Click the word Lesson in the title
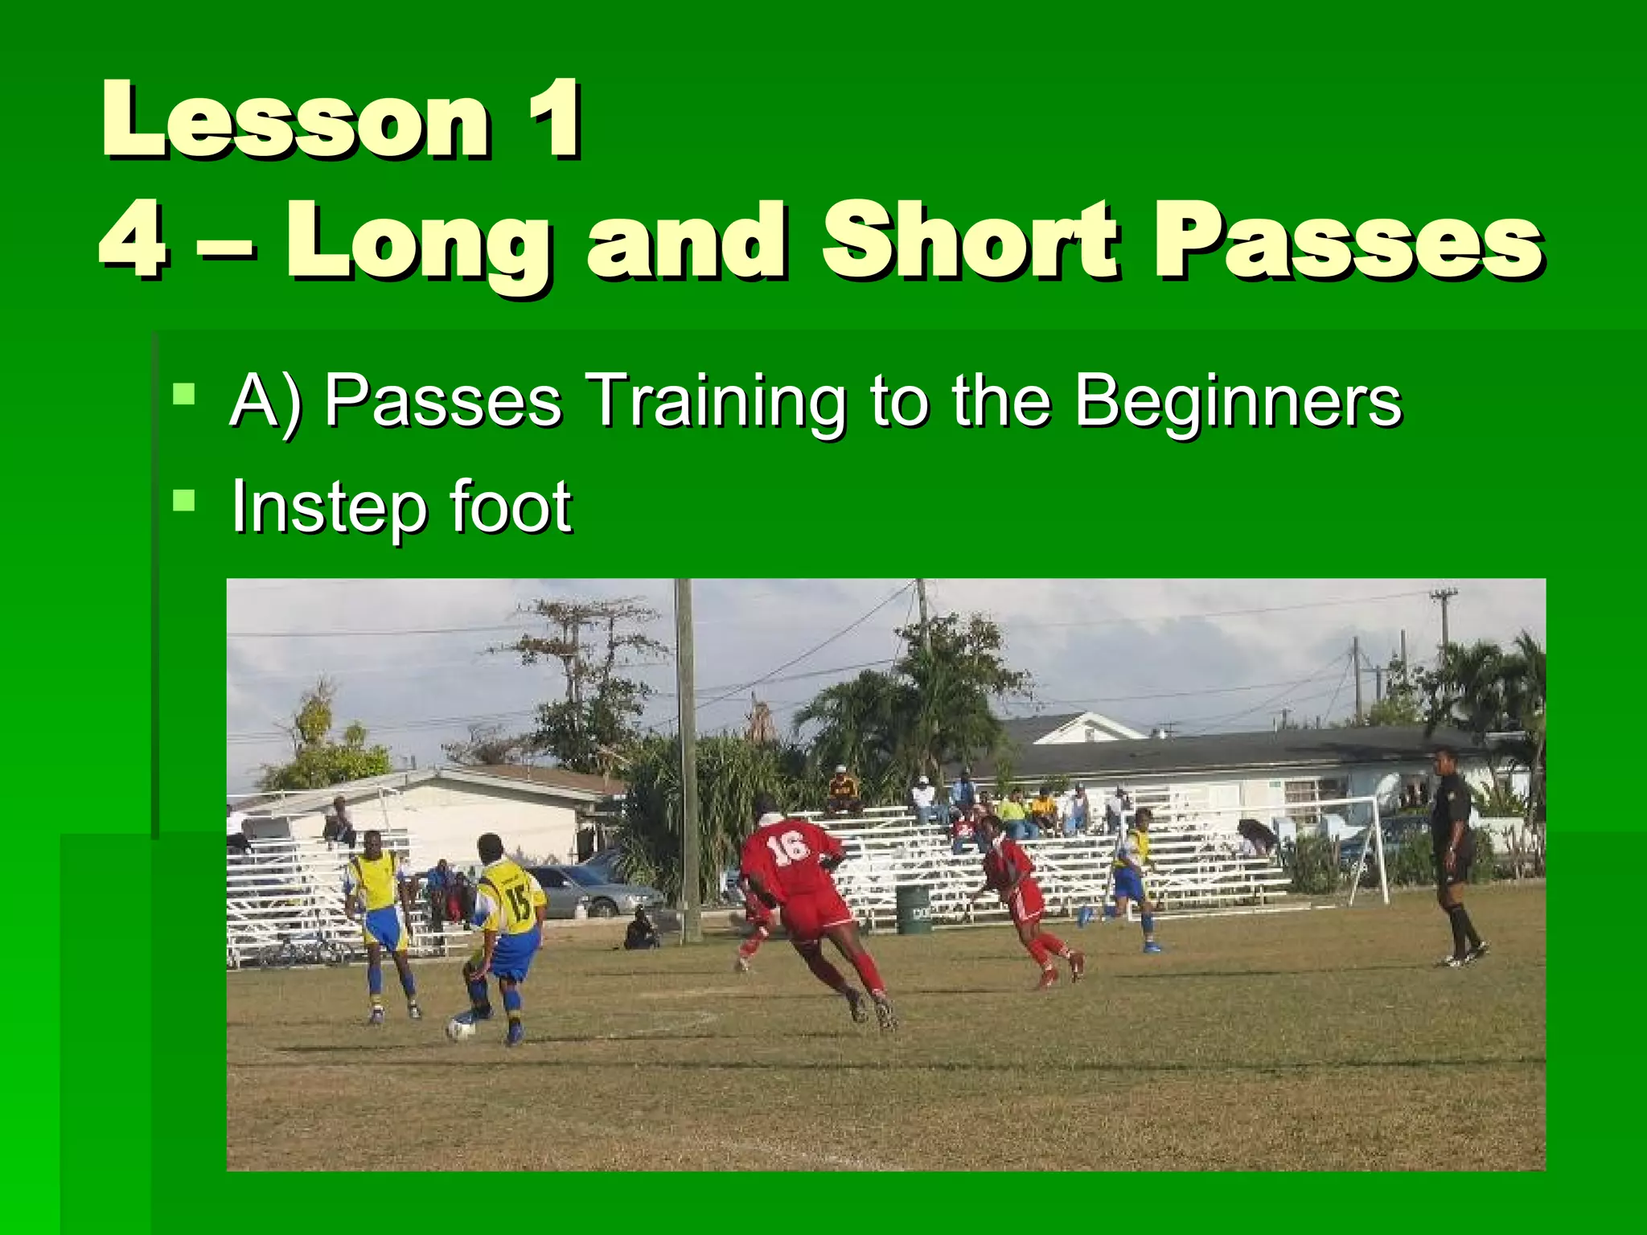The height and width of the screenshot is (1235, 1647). click(294, 121)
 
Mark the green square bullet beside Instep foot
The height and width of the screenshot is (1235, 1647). click(184, 502)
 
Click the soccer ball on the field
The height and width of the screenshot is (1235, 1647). click(461, 1028)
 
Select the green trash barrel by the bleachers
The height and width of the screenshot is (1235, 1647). click(913, 909)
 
